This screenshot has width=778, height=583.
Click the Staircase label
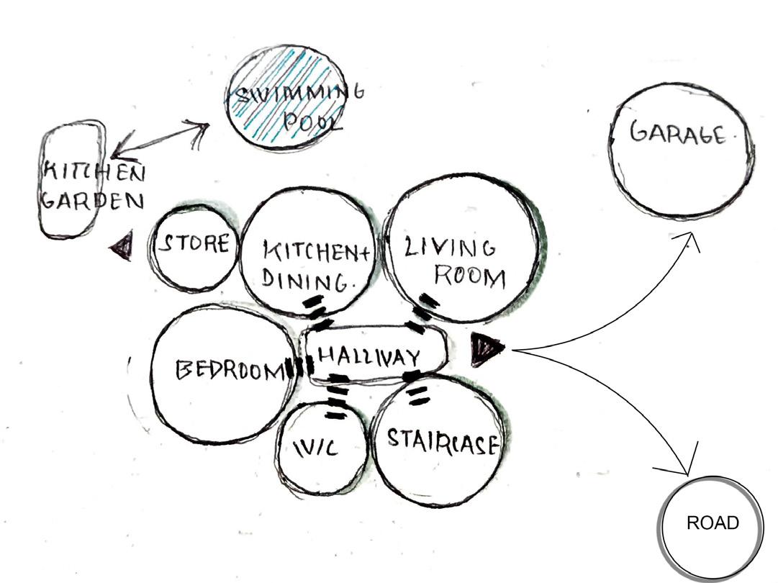pos(441,440)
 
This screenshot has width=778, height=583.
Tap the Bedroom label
pos(228,370)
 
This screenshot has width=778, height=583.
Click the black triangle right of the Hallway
pos(485,349)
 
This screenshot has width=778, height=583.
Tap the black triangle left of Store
pos(122,247)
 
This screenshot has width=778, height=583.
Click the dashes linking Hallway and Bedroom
pos(295,368)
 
